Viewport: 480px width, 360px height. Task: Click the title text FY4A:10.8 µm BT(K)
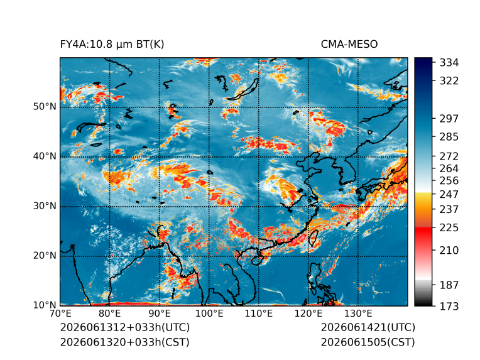(x=112, y=45)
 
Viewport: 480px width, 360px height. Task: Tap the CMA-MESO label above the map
(x=349, y=45)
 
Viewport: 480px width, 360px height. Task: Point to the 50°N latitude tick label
(x=45, y=107)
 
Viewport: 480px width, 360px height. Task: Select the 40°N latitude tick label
(x=45, y=156)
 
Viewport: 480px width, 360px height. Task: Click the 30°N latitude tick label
(x=45, y=205)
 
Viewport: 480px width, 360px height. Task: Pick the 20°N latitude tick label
(x=45, y=255)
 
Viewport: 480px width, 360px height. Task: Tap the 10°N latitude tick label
(x=45, y=305)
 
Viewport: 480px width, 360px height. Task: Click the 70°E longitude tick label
(x=60, y=314)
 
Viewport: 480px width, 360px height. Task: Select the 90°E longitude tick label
(x=160, y=314)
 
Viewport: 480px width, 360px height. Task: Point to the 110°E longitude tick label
(x=259, y=314)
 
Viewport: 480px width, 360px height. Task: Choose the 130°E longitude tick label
(x=358, y=314)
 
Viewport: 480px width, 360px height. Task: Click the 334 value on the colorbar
(x=449, y=63)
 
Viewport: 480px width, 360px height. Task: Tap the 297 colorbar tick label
(x=449, y=119)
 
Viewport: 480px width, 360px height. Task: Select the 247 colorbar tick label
(x=449, y=194)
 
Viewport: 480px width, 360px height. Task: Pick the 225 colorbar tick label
(x=449, y=228)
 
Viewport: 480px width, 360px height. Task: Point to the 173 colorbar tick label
(x=449, y=306)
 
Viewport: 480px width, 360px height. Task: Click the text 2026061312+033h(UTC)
(x=125, y=327)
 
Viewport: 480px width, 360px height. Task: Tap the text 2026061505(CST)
(x=368, y=342)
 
